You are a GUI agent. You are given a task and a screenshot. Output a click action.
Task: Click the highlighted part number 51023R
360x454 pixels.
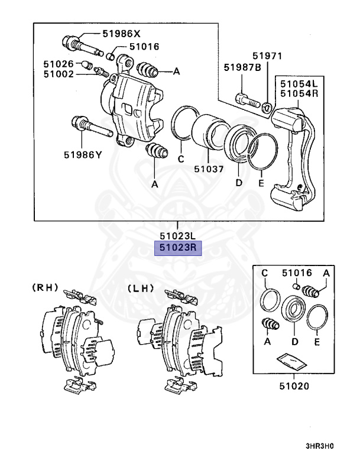pyautogui.click(x=178, y=249)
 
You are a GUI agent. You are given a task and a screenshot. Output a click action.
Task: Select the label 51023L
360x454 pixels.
pyautogui.click(x=178, y=236)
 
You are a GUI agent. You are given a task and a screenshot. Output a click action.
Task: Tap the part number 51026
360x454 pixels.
pyautogui.click(x=58, y=63)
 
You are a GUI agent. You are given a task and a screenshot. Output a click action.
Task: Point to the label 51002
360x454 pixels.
pyautogui.click(x=58, y=74)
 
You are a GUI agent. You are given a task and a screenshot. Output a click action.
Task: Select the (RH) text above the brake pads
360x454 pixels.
pyautogui.click(x=45, y=288)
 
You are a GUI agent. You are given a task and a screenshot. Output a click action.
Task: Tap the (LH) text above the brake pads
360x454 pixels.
pyautogui.click(x=140, y=288)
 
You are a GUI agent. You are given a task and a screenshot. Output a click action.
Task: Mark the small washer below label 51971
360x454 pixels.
pyautogui.click(x=267, y=107)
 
